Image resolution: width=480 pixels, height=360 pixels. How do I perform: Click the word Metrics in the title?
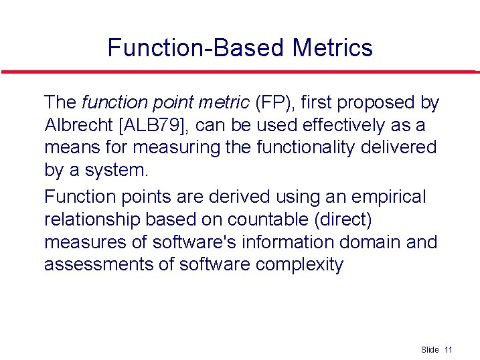(x=332, y=48)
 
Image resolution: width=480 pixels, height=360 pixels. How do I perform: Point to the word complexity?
(x=299, y=264)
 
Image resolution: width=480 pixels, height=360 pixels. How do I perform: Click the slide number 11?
(x=449, y=350)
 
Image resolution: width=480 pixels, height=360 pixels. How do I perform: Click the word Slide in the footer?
(x=430, y=350)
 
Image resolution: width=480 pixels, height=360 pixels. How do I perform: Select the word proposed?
(x=378, y=102)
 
